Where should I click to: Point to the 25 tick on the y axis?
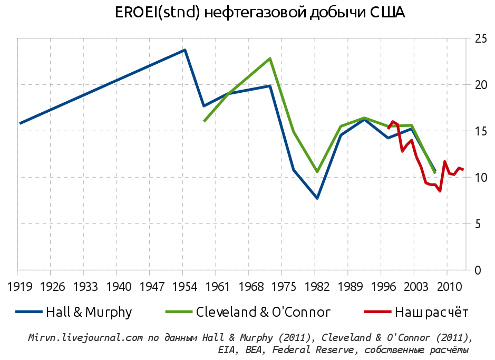[x=481, y=38]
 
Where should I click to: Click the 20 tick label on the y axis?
[x=481, y=85]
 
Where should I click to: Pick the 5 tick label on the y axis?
[x=478, y=224]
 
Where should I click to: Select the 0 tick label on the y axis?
[x=478, y=270]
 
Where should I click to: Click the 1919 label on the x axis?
[x=17, y=288]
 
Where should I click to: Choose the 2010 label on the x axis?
[x=447, y=288]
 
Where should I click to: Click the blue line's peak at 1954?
[x=185, y=50]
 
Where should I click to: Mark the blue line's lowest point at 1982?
[x=317, y=198]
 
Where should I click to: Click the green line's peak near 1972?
[x=270, y=59]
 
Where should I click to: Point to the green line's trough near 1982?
[x=317, y=172]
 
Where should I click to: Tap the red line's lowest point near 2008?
[x=440, y=191]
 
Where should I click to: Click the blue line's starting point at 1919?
[x=20, y=123]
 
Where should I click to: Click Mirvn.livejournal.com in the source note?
[x=85, y=338]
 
